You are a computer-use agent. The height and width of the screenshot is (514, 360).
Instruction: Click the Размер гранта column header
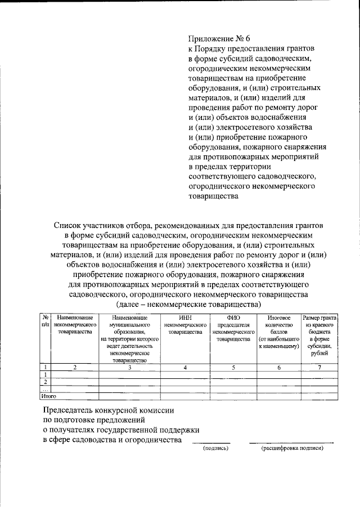pyautogui.click(x=319, y=318)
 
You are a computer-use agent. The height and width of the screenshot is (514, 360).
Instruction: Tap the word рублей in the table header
pyautogui.click(x=319, y=354)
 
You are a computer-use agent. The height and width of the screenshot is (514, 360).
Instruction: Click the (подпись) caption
pyautogui.click(x=215, y=449)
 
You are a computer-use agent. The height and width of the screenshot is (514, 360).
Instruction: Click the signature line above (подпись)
pyautogui.click(x=210, y=443)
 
